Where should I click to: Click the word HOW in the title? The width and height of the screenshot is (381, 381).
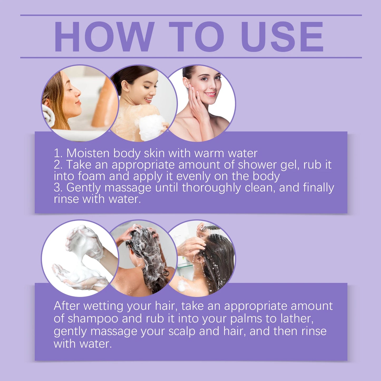(x=104, y=37)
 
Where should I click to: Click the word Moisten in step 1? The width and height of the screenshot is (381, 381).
(x=88, y=153)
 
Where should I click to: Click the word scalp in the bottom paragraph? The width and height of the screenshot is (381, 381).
(x=182, y=331)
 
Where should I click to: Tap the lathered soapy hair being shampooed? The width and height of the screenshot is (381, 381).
(x=148, y=253)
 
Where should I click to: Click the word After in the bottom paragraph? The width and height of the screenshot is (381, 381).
(x=67, y=306)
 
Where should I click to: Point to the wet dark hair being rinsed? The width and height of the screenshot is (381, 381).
(x=219, y=261)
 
